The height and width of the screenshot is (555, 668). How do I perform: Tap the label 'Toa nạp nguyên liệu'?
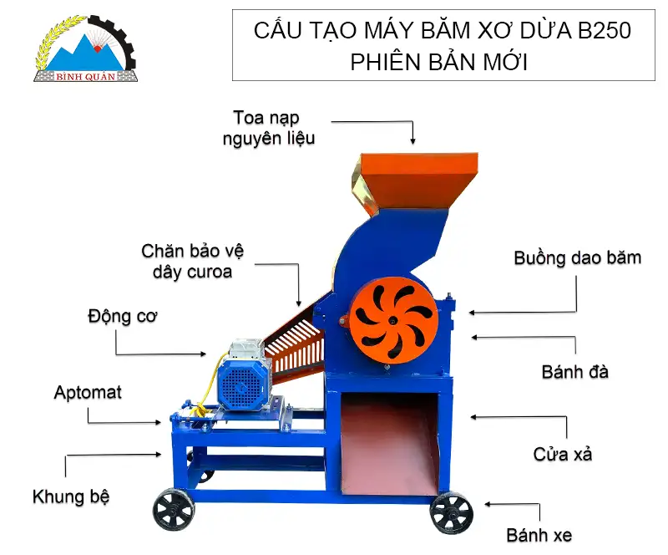pyautogui.click(x=268, y=127)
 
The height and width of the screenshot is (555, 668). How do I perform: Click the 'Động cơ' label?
pyautogui.click(x=122, y=317)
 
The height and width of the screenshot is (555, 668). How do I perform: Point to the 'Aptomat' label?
pyautogui.click(x=88, y=391)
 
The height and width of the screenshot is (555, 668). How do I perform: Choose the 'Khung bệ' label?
pyautogui.click(x=71, y=496)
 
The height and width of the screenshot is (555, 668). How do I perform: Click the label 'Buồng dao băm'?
pyautogui.click(x=577, y=257)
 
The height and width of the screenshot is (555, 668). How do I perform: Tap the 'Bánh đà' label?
pyautogui.click(x=574, y=371)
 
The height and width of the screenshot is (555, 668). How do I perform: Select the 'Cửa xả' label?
pyautogui.click(x=563, y=454)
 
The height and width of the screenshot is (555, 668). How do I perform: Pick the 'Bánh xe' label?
pyautogui.click(x=539, y=534)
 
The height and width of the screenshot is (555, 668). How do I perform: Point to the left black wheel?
pyautogui.click(x=174, y=509)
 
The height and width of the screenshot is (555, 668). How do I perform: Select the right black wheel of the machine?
pyautogui.click(x=452, y=512)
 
